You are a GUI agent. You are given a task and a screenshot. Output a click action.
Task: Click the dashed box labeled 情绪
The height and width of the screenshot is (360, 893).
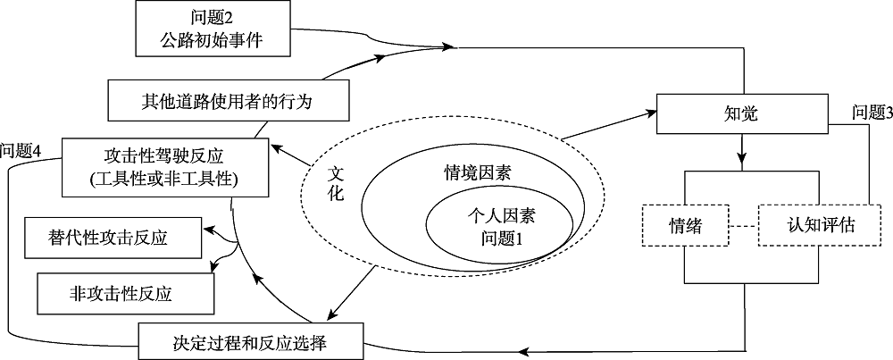pos(685,227)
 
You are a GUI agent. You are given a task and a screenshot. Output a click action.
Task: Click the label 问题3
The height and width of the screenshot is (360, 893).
pos(872,113)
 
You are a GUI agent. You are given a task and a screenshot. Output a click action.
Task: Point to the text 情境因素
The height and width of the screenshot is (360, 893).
pos(478,173)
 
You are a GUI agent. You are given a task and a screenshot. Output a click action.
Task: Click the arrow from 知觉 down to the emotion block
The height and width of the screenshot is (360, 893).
pos(740,147)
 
